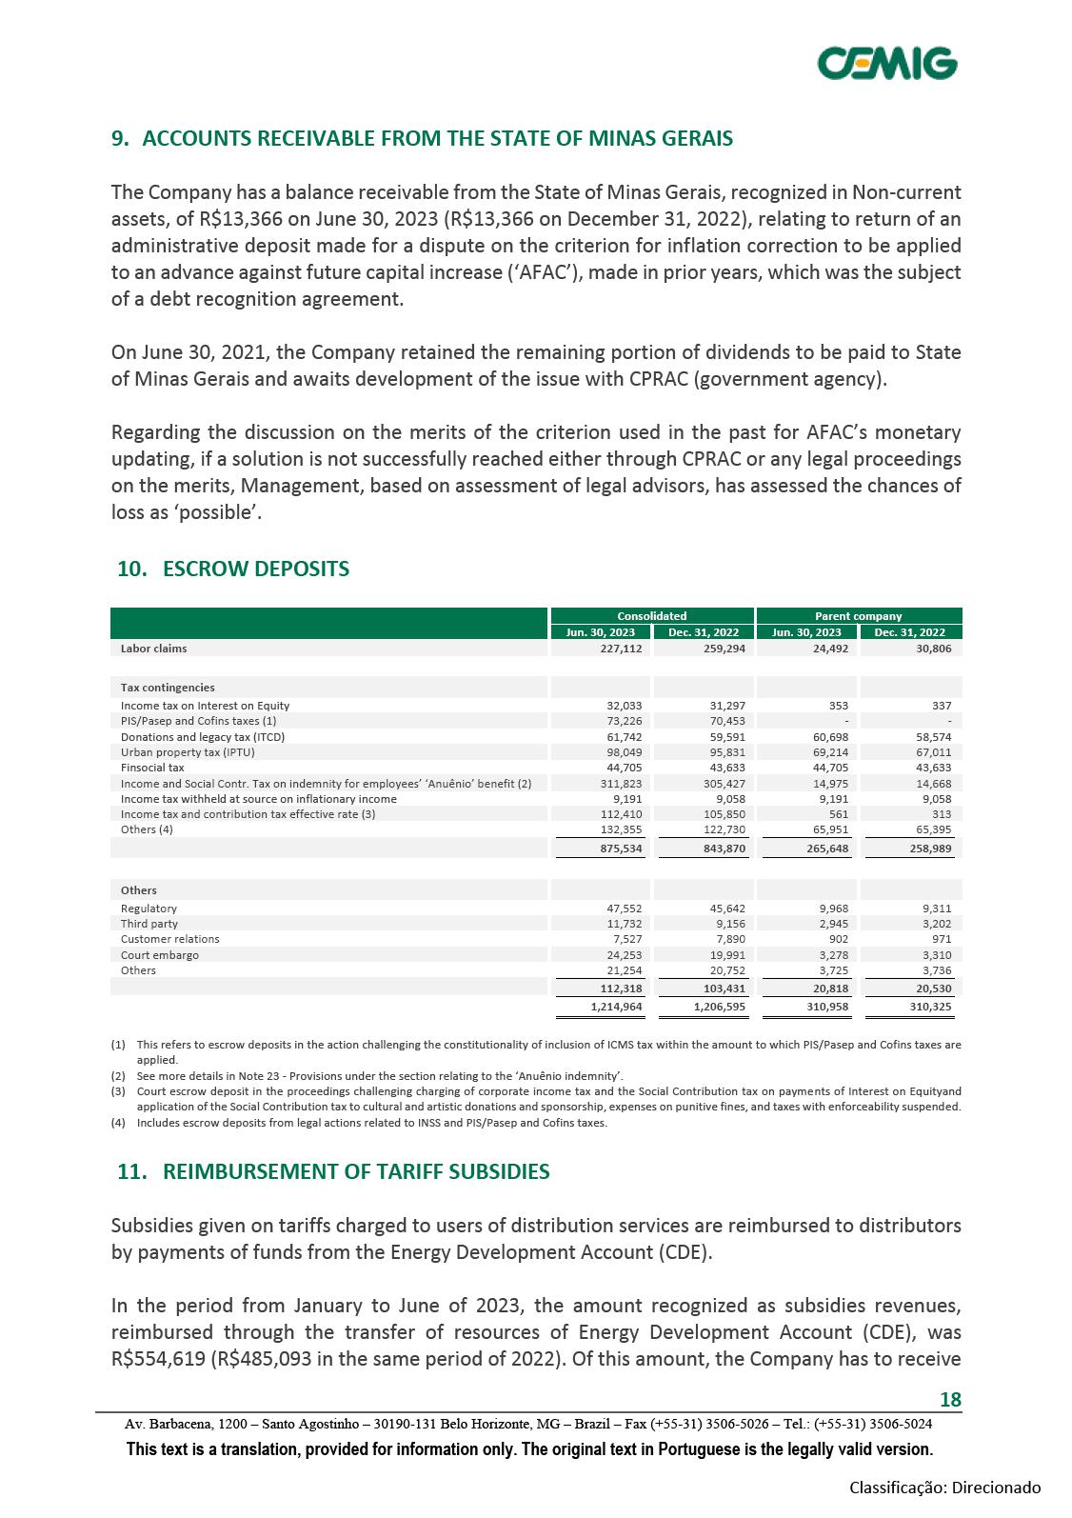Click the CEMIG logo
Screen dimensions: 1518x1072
[887, 64]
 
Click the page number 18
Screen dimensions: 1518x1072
[950, 1399]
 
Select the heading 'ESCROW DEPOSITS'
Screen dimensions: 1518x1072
[256, 569]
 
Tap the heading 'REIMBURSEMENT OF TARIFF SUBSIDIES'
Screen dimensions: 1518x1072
[356, 1171]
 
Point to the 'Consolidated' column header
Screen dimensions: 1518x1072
[651, 616]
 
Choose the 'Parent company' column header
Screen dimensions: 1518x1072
[858, 616]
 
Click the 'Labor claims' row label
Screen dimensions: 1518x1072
[154, 649]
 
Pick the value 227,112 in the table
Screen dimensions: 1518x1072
[621, 649]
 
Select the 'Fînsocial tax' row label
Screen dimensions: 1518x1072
[152, 767]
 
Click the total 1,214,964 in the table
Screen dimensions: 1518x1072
[616, 1006]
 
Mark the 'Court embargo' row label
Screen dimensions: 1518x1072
[160, 955]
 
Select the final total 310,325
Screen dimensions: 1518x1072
[930, 1006]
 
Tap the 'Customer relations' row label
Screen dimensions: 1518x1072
[169, 939]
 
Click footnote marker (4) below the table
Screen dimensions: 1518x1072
[118, 1123]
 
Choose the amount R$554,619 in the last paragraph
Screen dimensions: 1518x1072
[159, 1359]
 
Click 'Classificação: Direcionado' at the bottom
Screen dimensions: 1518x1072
[944, 1488]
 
